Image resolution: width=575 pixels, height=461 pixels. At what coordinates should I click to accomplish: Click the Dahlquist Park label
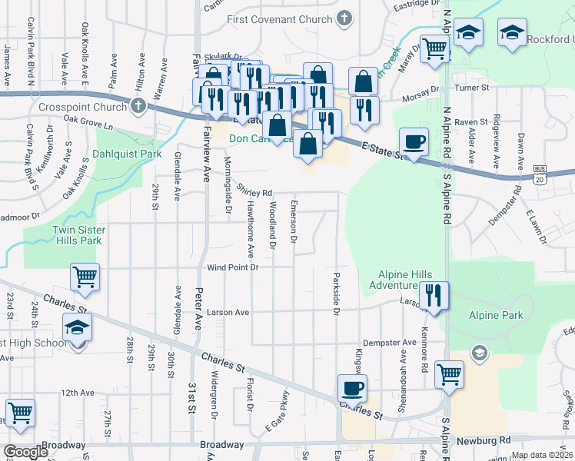(x=127, y=154)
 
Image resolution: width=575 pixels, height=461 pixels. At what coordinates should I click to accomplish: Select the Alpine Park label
(x=497, y=315)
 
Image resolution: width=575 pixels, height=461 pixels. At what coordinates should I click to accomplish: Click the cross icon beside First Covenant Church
(x=345, y=17)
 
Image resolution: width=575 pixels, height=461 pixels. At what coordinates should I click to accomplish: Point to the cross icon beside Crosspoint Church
(x=138, y=106)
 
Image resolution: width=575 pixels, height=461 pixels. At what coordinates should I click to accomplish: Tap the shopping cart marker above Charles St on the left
(x=85, y=277)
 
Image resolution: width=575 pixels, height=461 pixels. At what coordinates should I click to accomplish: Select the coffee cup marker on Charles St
(x=352, y=388)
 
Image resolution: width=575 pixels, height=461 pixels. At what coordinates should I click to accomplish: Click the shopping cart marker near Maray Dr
(x=434, y=49)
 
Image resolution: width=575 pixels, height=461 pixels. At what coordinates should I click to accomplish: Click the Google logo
(x=25, y=452)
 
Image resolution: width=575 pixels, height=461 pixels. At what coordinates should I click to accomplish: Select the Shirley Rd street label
(x=254, y=192)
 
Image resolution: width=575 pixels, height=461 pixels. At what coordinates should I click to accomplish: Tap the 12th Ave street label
(x=77, y=393)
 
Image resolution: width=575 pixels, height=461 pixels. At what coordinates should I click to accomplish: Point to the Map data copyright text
(x=542, y=455)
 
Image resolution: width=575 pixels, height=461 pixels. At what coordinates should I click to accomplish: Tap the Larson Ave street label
(x=228, y=313)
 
